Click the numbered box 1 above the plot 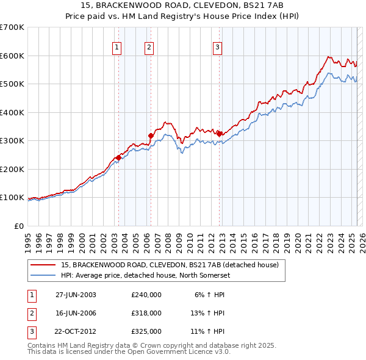116,46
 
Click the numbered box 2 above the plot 149,46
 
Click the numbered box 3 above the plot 217,46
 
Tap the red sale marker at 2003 118,157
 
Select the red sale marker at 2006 151,135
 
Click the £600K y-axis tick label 12,56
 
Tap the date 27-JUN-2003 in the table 76,295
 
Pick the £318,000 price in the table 146,313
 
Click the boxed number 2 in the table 31,313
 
